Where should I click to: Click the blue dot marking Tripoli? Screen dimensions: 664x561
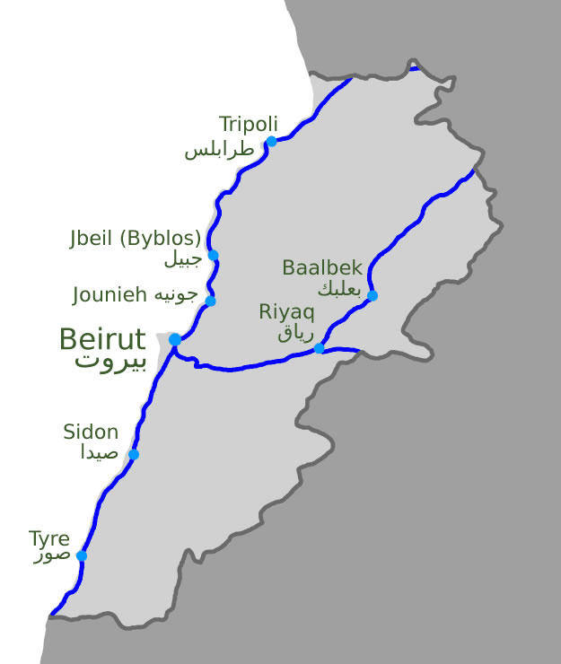[x=271, y=141]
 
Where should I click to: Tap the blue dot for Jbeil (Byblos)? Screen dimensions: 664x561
[x=214, y=256]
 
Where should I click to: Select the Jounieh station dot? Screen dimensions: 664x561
[x=210, y=301]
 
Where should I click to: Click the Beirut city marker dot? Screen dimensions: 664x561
[x=175, y=340]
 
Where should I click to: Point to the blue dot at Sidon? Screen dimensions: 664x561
[x=134, y=455]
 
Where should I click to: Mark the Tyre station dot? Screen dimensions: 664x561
[x=82, y=556]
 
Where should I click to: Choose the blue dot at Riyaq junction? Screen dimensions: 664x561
[x=319, y=348]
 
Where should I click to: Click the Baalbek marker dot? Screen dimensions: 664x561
[x=373, y=296]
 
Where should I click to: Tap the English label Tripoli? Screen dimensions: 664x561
[x=249, y=124]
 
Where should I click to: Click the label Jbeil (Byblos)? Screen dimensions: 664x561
[x=135, y=240]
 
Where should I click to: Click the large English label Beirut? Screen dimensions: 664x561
[x=102, y=339]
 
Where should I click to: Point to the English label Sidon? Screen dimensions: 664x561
[x=91, y=432]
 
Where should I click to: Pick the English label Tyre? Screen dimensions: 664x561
[x=49, y=539]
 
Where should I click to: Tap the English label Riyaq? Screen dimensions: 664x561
[x=286, y=312]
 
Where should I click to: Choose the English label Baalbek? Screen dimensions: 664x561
[x=321, y=267]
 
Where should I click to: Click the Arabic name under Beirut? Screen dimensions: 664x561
[x=110, y=362]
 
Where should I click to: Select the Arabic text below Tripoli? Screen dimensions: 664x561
[x=220, y=150]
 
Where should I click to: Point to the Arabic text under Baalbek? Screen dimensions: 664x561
[x=338, y=289]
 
